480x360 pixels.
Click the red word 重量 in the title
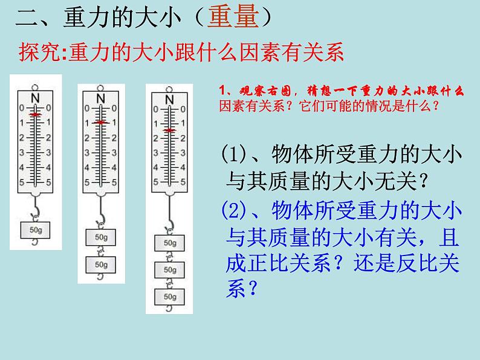pyautogui.click(x=233, y=18)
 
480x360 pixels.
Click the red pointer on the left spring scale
pyautogui.click(x=36, y=114)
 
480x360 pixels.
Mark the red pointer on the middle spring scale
pyautogui.click(x=101, y=123)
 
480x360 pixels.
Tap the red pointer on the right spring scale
pyautogui.click(x=169, y=130)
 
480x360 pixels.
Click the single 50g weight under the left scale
pyautogui.click(x=36, y=230)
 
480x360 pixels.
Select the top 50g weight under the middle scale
pyautogui.click(x=101, y=237)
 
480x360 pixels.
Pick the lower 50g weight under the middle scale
pyautogui.click(x=101, y=264)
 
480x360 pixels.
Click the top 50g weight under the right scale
pyautogui.click(x=170, y=243)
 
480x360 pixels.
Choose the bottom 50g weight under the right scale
pyautogui.click(x=170, y=297)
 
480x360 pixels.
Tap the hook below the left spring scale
pyautogui.click(x=37, y=210)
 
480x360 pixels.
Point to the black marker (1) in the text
pyautogui.click(x=232, y=155)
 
